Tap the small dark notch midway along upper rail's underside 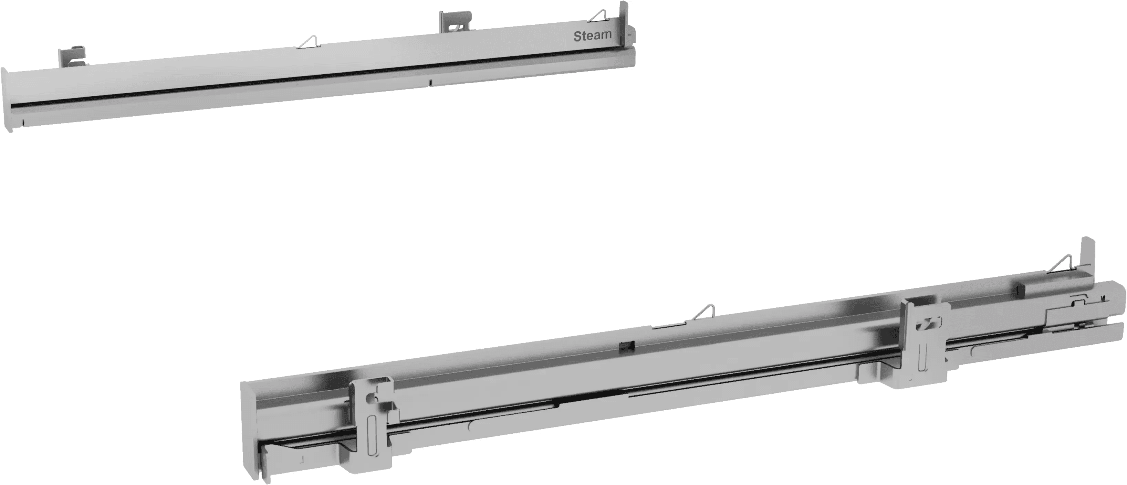click(431, 82)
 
